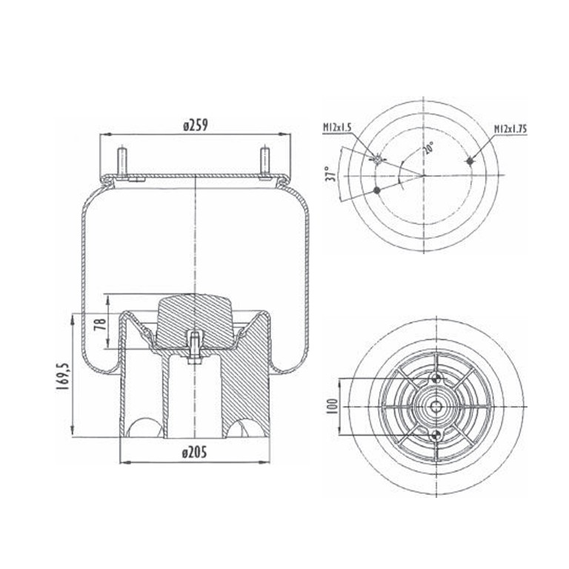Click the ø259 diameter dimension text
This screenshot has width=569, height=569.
pos(196,125)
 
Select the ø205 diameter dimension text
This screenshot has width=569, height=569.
pos(195,453)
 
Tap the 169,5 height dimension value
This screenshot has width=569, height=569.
pos(63,376)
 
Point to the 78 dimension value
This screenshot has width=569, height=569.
pos(100,323)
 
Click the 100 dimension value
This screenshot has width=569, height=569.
pos(333,406)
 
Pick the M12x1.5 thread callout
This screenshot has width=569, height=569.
pos(337,127)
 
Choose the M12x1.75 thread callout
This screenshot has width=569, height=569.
pos(510,129)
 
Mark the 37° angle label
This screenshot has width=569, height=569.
pos(330,174)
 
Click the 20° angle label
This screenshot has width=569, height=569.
pos(428,148)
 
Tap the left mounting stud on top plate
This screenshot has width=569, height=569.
pos(122,161)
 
